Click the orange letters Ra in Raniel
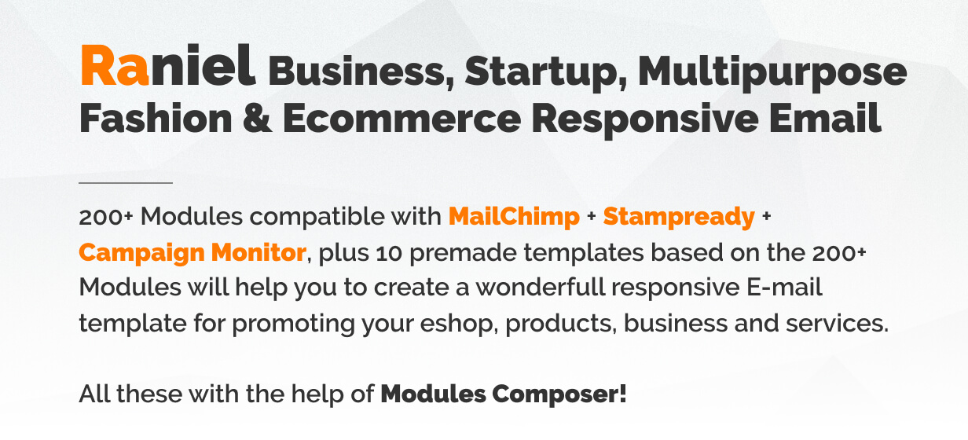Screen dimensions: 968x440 coord(115,65)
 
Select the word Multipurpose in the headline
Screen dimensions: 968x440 coord(772,72)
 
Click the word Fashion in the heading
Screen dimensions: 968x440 coord(156,118)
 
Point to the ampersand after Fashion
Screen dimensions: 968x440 coord(258,119)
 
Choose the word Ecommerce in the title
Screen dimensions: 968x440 coord(401,119)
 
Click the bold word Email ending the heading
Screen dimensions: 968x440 coord(825,118)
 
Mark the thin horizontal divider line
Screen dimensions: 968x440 coord(126,183)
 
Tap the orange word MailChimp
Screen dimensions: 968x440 coord(514,216)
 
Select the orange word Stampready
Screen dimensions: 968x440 coord(679,217)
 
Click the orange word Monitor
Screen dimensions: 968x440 coord(258,252)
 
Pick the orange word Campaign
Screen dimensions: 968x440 coord(140,253)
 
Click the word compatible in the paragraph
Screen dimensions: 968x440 coord(317,217)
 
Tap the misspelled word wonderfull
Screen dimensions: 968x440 coord(540,287)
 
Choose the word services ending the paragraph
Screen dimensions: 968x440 coord(837,324)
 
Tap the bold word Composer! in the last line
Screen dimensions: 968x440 coord(559,394)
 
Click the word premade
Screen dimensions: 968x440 coord(463,253)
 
